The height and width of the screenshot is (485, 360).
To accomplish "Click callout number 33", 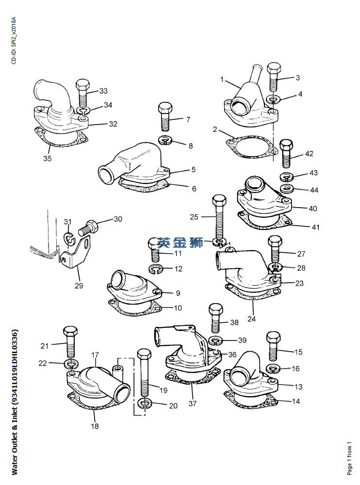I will [103, 91].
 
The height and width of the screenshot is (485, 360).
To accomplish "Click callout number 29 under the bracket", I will [79, 286].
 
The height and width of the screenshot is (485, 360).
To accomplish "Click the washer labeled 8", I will [166, 141].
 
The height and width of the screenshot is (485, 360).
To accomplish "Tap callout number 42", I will [309, 154].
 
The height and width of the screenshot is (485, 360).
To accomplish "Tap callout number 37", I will [193, 404].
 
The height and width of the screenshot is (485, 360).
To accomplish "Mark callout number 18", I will [95, 426].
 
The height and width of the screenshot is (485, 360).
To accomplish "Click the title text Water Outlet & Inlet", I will [15, 403].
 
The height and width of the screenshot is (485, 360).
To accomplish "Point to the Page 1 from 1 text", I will [349, 459].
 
